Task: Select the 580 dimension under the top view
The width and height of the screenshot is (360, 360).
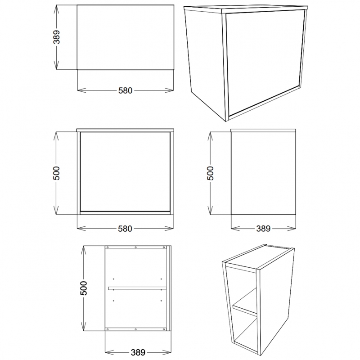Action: pos(125,90)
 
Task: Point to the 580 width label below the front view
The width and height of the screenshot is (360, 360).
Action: pos(125,229)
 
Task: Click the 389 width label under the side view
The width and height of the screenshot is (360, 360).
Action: pos(263,229)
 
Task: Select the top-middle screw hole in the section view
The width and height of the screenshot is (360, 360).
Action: pos(136,247)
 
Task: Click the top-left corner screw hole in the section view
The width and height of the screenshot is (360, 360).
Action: pos(108,247)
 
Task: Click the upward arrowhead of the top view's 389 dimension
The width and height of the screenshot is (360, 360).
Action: pos(57,7)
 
